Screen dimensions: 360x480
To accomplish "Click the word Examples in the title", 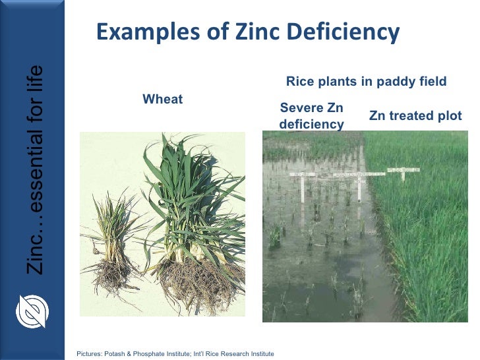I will [x=140, y=32].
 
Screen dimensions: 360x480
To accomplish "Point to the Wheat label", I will [x=163, y=100].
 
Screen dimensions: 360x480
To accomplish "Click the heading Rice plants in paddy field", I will [x=366, y=82].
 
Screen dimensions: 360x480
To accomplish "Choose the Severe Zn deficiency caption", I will [x=312, y=115].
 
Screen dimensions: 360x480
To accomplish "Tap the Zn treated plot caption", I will [x=415, y=115].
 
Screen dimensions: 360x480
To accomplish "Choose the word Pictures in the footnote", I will [x=90, y=354].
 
